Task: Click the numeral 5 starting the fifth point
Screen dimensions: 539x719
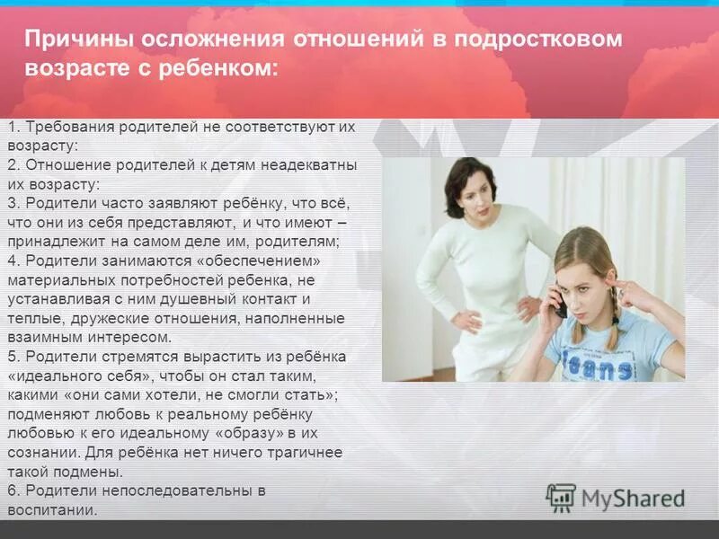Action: point(11,357)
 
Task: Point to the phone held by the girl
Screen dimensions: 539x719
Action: point(559,303)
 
